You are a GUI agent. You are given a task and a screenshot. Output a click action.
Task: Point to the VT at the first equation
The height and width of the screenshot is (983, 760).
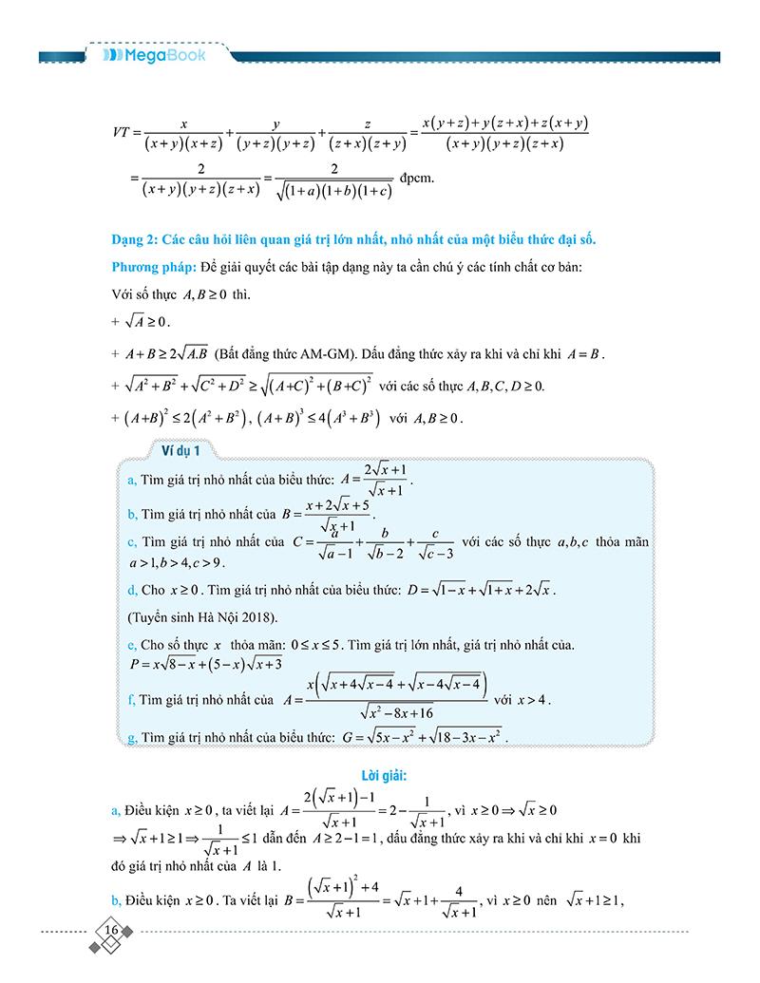coord(123,133)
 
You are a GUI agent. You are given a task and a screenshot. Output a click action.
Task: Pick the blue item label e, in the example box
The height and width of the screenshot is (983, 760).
coord(131,646)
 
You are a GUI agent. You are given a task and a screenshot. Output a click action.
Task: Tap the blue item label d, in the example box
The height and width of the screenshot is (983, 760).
coord(131,591)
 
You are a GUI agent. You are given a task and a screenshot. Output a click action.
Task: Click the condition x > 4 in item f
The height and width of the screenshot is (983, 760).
coord(532,700)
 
